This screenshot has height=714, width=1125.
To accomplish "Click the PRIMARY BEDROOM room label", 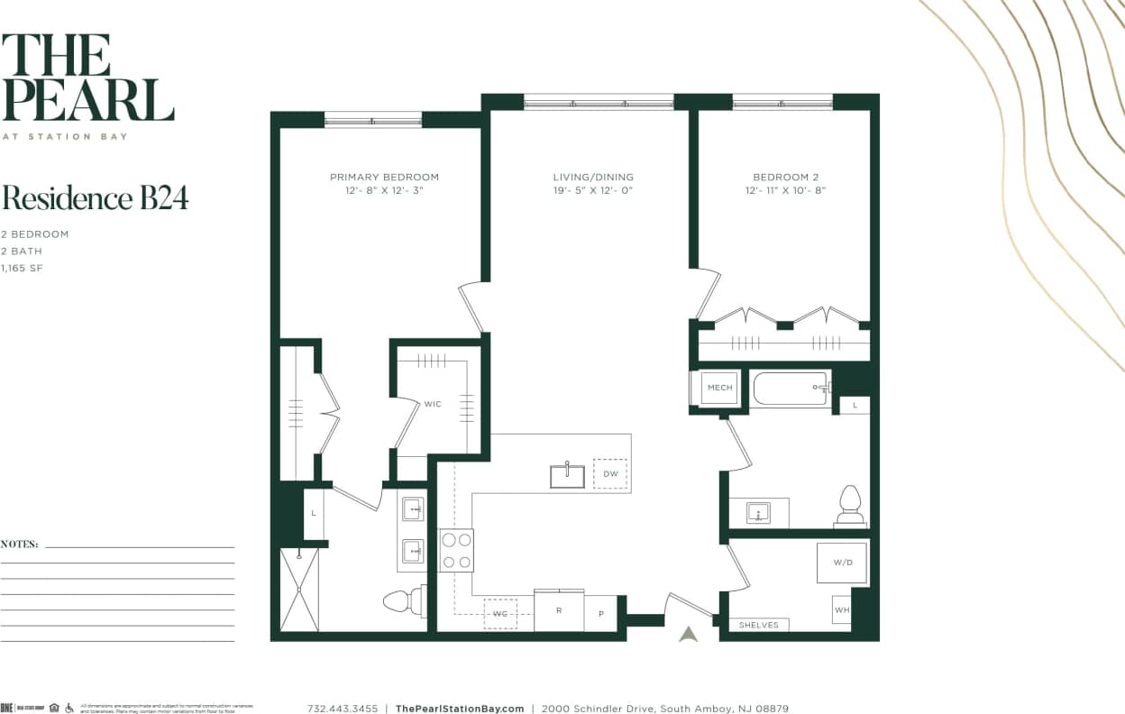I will click(x=384, y=177).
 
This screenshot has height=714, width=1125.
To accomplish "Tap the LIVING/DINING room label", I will click(x=593, y=177).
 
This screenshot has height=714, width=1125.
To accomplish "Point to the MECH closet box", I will click(x=719, y=388).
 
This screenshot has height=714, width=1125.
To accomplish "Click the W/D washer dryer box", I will click(x=842, y=563).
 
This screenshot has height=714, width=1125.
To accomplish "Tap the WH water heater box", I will click(x=842, y=609).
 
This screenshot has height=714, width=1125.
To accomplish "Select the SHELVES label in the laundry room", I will click(x=758, y=624).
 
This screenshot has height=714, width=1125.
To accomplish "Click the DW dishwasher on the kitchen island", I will click(x=610, y=473).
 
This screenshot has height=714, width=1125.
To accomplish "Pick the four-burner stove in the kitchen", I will click(x=456, y=550).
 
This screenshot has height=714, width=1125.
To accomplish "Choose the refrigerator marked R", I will click(x=559, y=610).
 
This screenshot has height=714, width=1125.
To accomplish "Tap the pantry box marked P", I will click(x=600, y=613).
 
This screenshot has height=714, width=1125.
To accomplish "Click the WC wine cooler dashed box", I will click(x=499, y=613).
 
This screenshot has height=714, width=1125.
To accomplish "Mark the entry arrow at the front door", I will click(x=689, y=634).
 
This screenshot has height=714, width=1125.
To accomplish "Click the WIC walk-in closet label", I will click(x=433, y=404).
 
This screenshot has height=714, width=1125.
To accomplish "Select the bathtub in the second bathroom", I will click(x=790, y=389).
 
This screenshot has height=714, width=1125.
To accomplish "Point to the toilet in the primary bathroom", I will click(x=402, y=600).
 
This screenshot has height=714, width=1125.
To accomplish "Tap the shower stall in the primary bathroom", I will click(x=299, y=590).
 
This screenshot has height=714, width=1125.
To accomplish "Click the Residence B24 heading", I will click(x=95, y=198).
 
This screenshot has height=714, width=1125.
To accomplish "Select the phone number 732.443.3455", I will click(x=343, y=709).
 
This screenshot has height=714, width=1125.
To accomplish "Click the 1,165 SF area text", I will click(x=23, y=269).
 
